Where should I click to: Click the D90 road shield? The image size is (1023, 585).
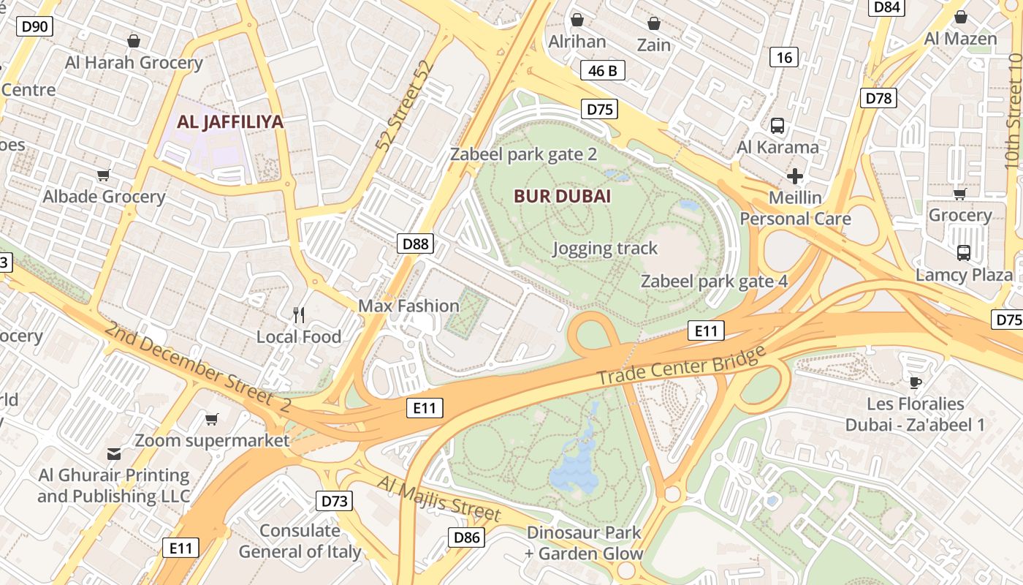pyautogui.click(x=34, y=27)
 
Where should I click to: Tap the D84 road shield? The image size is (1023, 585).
pyautogui.click(x=887, y=7)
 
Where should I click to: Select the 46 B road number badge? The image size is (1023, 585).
pyautogui.click(x=603, y=70)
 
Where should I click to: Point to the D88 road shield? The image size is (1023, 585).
pyautogui.click(x=415, y=244)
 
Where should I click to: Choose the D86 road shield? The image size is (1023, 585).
pyautogui.click(x=467, y=538)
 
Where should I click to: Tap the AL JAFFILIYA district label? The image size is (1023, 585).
pyautogui.click(x=230, y=121)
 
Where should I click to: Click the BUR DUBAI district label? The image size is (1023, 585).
pyautogui.click(x=562, y=196)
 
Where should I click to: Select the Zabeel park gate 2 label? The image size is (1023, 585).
pyautogui.click(x=523, y=154)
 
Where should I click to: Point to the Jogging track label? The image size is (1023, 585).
pyautogui.click(x=605, y=249)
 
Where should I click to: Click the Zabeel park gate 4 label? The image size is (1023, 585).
pyautogui.click(x=714, y=282)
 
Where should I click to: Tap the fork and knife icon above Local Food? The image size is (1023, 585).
pyautogui.click(x=298, y=315)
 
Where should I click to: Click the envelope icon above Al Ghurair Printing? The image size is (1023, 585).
pyautogui.click(x=114, y=453)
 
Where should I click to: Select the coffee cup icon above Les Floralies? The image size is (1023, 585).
pyautogui.click(x=915, y=382)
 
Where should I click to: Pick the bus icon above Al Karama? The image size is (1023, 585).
pyautogui.click(x=777, y=125)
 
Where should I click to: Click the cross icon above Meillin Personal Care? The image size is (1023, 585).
pyautogui.click(x=795, y=176)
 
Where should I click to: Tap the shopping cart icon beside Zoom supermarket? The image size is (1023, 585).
pyautogui.click(x=212, y=419)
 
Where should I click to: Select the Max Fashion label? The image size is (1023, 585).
pyautogui.click(x=408, y=306)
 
